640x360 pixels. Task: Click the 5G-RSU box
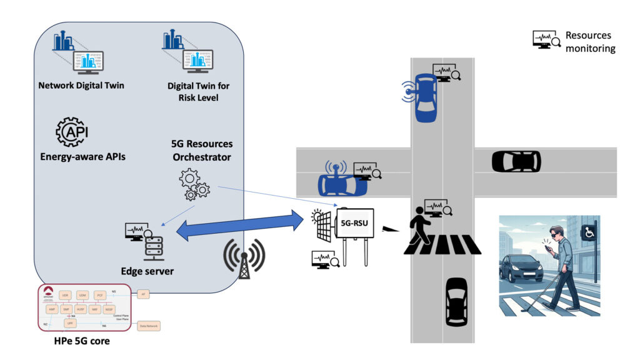click(x=355, y=223)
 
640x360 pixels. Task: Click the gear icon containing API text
click(x=71, y=132)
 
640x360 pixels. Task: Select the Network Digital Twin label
click(x=81, y=86)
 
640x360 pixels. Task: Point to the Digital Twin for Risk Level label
click(x=198, y=91)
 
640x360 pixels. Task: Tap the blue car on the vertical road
click(x=425, y=97)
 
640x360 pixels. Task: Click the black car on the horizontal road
click(x=516, y=161)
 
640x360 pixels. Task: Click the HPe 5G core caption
click(x=81, y=342)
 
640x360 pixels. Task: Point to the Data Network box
click(x=149, y=326)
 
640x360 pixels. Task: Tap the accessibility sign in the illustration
click(x=588, y=232)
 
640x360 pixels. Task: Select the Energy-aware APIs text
click(x=82, y=156)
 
